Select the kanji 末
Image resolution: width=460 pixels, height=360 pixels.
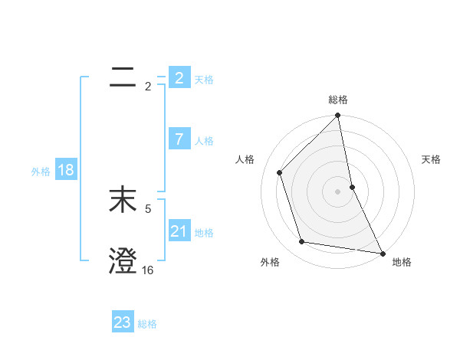(x=123, y=201)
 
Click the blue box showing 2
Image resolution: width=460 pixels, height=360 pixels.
(x=179, y=78)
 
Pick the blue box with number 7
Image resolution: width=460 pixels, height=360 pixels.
(x=179, y=139)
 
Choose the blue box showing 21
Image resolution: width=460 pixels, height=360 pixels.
(x=179, y=231)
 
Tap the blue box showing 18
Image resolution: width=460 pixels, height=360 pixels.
(x=65, y=170)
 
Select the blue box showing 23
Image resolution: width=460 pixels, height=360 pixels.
(x=123, y=322)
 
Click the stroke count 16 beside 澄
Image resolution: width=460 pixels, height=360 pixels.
(x=148, y=270)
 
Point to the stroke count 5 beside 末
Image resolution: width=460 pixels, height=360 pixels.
(x=148, y=208)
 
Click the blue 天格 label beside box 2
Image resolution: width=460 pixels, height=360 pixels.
(x=204, y=79)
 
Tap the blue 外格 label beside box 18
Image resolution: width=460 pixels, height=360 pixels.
(x=41, y=171)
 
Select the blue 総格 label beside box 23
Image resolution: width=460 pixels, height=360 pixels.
(x=147, y=323)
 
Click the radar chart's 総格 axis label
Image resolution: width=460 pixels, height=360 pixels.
(x=338, y=100)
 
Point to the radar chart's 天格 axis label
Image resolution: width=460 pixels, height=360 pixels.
(x=431, y=159)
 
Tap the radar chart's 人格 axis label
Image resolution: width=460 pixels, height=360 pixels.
(x=245, y=159)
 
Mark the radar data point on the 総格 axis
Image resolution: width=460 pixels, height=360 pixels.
(x=338, y=116)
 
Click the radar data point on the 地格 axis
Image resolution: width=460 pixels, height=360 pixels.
(x=382, y=253)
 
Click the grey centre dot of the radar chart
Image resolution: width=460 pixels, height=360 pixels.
(x=338, y=191)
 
